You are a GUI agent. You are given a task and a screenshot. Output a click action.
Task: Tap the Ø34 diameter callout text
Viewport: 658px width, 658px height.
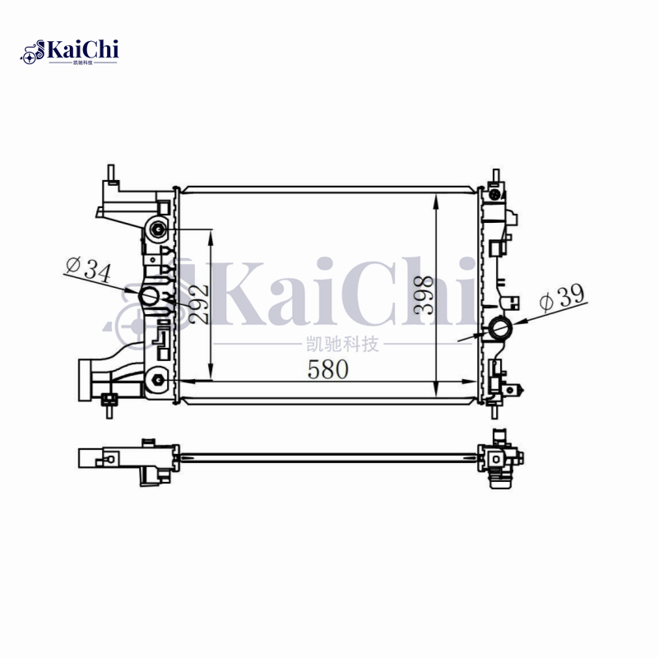(x=87, y=270)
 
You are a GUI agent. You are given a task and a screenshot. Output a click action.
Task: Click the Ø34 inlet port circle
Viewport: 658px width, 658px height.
(x=150, y=296)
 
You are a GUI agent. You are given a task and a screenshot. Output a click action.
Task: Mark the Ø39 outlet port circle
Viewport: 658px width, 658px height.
(x=500, y=330)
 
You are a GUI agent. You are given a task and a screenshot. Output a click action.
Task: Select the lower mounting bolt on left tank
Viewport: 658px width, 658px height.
(x=157, y=379)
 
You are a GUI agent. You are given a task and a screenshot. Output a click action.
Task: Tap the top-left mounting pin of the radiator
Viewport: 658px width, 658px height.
(x=109, y=174)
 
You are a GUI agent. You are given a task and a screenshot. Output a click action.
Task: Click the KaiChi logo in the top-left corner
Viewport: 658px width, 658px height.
(x=69, y=52)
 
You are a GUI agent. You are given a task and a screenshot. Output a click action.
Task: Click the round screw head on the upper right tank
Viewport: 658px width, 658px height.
(x=495, y=195)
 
